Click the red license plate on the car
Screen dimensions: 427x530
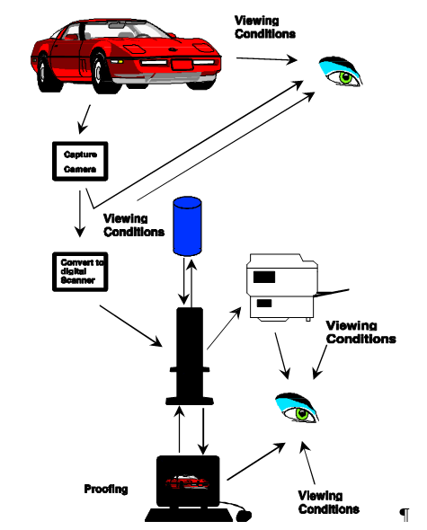point(182,64)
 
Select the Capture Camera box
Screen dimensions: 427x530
point(80,161)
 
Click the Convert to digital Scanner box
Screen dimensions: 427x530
point(80,272)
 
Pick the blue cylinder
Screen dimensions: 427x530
point(187,225)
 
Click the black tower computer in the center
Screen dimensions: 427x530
point(190,356)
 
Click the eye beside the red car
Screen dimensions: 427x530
point(341,72)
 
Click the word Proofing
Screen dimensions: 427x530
point(106,489)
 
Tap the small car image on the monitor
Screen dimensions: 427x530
point(188,481)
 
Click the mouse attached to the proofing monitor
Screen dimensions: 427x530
point(244,516)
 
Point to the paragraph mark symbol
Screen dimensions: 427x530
point(405,515)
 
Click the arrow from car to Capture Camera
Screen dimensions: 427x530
point(84,119)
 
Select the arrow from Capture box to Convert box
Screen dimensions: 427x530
point(80,214)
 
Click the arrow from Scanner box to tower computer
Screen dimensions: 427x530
point(130,326)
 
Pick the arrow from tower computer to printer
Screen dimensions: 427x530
point(224,328)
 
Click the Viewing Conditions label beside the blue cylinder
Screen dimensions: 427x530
point(134,225)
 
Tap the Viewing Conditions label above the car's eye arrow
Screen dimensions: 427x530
point(265,27)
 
